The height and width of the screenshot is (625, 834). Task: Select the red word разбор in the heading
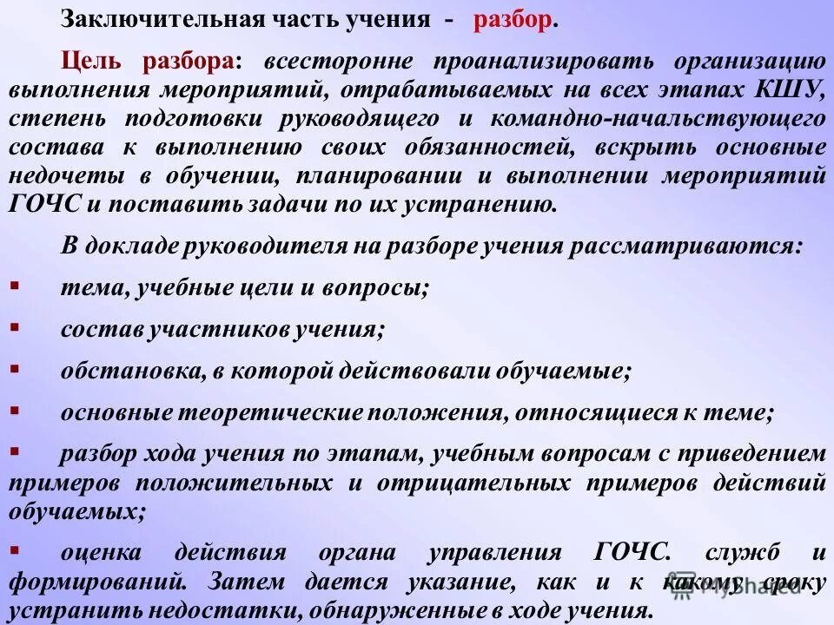tap(512, 20)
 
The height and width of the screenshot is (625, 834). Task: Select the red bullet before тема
tap(15, 285)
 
